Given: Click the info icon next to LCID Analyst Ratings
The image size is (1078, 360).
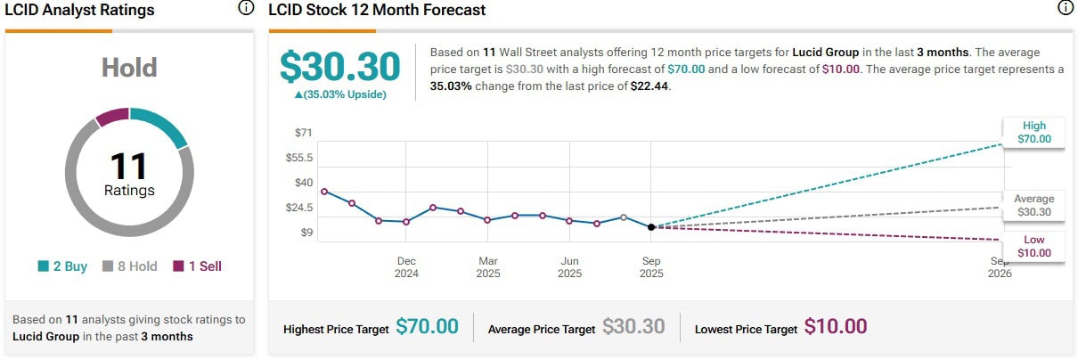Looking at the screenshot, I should pos(246,9).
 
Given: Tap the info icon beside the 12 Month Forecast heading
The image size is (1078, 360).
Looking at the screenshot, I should pos(1066,9).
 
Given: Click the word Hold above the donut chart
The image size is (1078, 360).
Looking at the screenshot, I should pos(129,68).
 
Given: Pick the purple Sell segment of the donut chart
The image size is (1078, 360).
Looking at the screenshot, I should pos(112,116).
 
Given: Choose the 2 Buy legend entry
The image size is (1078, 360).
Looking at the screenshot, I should pos(62,266).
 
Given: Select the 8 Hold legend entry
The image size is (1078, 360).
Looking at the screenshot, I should pos(130,266).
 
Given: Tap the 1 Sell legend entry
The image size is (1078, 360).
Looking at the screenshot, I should pos(197,266).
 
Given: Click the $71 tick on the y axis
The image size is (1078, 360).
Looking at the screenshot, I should pos(304,134).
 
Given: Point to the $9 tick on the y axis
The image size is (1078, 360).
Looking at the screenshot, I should pos(306,233).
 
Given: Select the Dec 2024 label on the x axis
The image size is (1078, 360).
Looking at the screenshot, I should pos(406,267).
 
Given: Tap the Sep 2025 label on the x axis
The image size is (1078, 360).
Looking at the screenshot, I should pos(651,267).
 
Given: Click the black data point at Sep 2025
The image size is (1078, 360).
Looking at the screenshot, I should pos(651,227).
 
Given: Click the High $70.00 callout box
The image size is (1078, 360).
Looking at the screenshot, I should pos(1033,132).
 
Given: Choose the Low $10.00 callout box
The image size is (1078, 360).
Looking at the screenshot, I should pos(1033,246).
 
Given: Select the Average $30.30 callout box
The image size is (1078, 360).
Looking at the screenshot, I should pos(1033,206).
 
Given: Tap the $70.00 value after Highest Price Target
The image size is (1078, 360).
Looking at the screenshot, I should pos(427,327).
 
